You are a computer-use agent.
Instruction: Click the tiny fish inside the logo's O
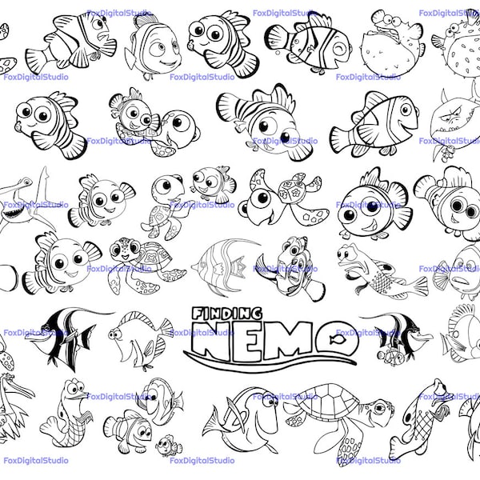coord(338,338)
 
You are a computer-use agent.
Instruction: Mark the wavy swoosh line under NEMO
coord(264,357)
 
